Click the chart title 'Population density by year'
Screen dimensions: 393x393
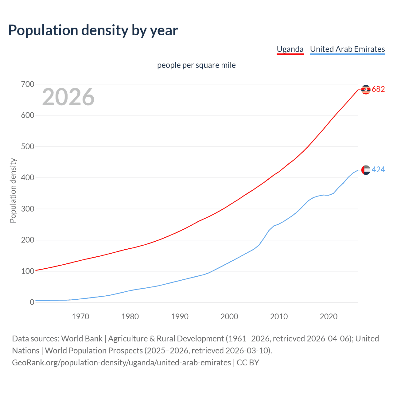[x=93, y=30]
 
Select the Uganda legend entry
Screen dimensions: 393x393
[x=290, y=49]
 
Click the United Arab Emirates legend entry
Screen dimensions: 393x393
[x=347, y=49]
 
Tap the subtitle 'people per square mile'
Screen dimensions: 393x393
[x=196, y=65]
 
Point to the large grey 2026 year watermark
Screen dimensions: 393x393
[x=68, y=97]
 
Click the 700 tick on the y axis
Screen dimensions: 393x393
[x=28, y=84]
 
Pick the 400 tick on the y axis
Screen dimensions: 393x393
[x=28, y=178]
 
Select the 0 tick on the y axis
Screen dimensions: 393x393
[x=32, y=302]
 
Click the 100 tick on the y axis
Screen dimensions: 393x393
[x=28, y=271]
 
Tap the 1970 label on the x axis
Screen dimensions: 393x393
[x=80, y=317]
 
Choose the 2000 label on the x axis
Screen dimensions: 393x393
[x=229, y=317]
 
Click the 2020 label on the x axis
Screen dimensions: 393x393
[x=329, y=317]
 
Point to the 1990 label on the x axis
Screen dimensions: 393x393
[x=180, y=317]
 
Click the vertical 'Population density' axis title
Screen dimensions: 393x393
[x=13, y=190]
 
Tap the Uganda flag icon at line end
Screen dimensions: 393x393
[x=366, y=89]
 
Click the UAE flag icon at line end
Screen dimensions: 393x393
[x=366, y=170]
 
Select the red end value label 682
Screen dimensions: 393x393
[x=378, y=89]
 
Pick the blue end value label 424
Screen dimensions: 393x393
[x=378, y=170]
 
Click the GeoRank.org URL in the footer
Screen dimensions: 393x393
[x=121, y=363]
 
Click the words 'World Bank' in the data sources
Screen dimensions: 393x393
[x=82, y=339]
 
